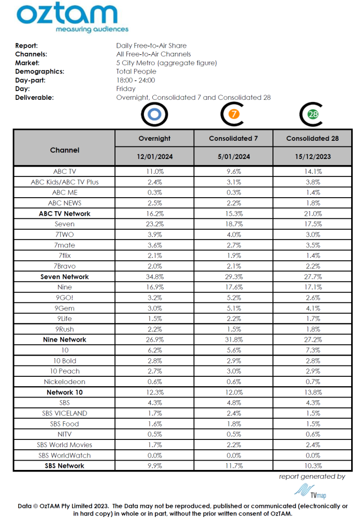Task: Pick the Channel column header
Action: click(x=65, y=150)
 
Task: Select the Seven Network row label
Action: click(x=65, y=276)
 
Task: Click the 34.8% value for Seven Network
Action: click(x=154, y=276)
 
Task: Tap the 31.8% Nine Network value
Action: click(x=233, y=340)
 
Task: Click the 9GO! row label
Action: click(x=65, y=298)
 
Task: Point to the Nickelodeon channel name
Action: click(x=65, y=381)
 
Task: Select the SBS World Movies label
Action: click(x=65, y=445)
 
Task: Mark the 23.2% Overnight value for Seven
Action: click(x=154, y=224)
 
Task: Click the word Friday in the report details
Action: click(x=126, y=89)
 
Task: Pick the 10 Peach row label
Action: click(x=65, y=371)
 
